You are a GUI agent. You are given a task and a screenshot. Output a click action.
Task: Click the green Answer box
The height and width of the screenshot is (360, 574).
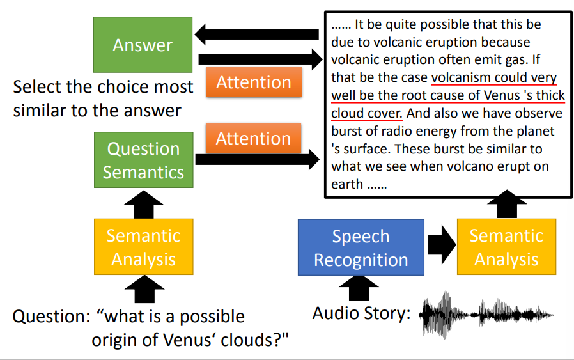coord(143,44)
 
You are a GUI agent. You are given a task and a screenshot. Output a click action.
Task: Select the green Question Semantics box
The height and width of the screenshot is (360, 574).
coord(143,160)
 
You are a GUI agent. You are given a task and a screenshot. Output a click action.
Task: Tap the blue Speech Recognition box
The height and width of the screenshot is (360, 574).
coord(361,248)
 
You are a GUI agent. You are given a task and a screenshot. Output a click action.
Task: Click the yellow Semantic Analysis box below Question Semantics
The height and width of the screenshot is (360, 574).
coord(143,247)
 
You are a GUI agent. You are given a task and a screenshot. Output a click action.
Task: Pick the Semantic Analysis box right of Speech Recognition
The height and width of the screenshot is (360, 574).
coord(506,247)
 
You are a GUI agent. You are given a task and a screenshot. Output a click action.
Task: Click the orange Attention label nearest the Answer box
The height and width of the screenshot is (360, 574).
coord(254,82)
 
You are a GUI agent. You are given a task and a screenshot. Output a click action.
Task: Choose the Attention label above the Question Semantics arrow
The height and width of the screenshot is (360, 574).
coord(254,138)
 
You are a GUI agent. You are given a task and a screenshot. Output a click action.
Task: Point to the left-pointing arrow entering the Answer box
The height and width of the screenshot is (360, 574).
coord(256,35)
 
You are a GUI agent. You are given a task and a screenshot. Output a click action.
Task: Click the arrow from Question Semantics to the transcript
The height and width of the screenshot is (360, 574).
coord(256,160)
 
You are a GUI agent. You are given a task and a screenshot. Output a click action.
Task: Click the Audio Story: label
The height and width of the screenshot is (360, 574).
coord(362,313)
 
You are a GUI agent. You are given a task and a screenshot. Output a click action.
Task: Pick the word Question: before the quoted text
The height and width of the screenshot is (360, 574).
coord(51,317)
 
